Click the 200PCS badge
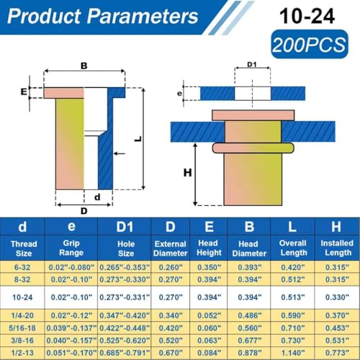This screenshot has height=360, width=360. [x=310, y=44]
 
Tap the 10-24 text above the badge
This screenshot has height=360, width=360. [x=307, y=17]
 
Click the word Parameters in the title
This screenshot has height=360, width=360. [x=143, y=17]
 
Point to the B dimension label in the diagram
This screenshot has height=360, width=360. [x=84, y=66]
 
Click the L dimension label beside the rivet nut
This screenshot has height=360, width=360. [x=138, y=139]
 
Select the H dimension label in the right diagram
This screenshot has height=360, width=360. [x=187, y=173]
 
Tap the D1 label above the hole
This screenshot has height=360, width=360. [x=252, y=64]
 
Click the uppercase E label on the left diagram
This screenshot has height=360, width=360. [x=24, y=91]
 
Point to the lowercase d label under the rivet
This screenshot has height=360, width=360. [x=97, y=197]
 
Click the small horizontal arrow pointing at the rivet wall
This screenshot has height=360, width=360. [x=120, y=153]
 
